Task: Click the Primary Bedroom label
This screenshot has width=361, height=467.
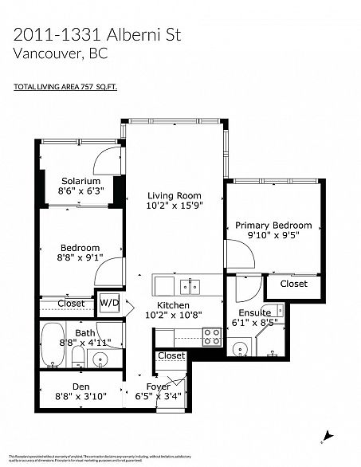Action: pyautogui.click(x=273, y=226)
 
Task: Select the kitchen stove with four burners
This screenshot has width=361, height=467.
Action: pyautogui.click(x=211, y=336)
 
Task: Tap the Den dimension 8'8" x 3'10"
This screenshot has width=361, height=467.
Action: pyautogui.click(x=80, y=394)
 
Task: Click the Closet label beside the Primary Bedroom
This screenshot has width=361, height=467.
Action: pyautogui.click(x=293, y=283)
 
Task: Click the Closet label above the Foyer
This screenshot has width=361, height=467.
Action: pyautogui.click(x=171, y=355)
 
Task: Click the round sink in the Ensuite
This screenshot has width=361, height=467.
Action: pyautogui.click(x=240, y=349)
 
